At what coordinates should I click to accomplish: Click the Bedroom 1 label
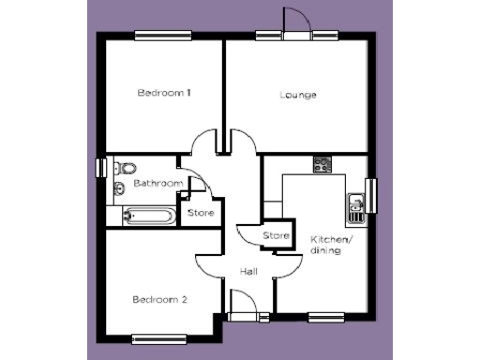point(164,93)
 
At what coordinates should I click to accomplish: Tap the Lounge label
point(298,95)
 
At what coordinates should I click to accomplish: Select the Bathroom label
point(156,184)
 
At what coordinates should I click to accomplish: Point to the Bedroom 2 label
point(159,300)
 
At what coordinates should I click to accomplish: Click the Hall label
point(248,271)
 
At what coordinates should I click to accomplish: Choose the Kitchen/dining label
point(331,246)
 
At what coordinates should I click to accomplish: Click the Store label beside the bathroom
point(201,214)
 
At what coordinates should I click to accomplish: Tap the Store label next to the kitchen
point(276,235)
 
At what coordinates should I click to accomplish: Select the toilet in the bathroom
point(123,170)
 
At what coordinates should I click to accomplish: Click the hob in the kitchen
point(322,164)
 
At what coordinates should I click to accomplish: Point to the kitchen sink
point(356,206)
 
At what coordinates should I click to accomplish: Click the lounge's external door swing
point(293,22)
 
